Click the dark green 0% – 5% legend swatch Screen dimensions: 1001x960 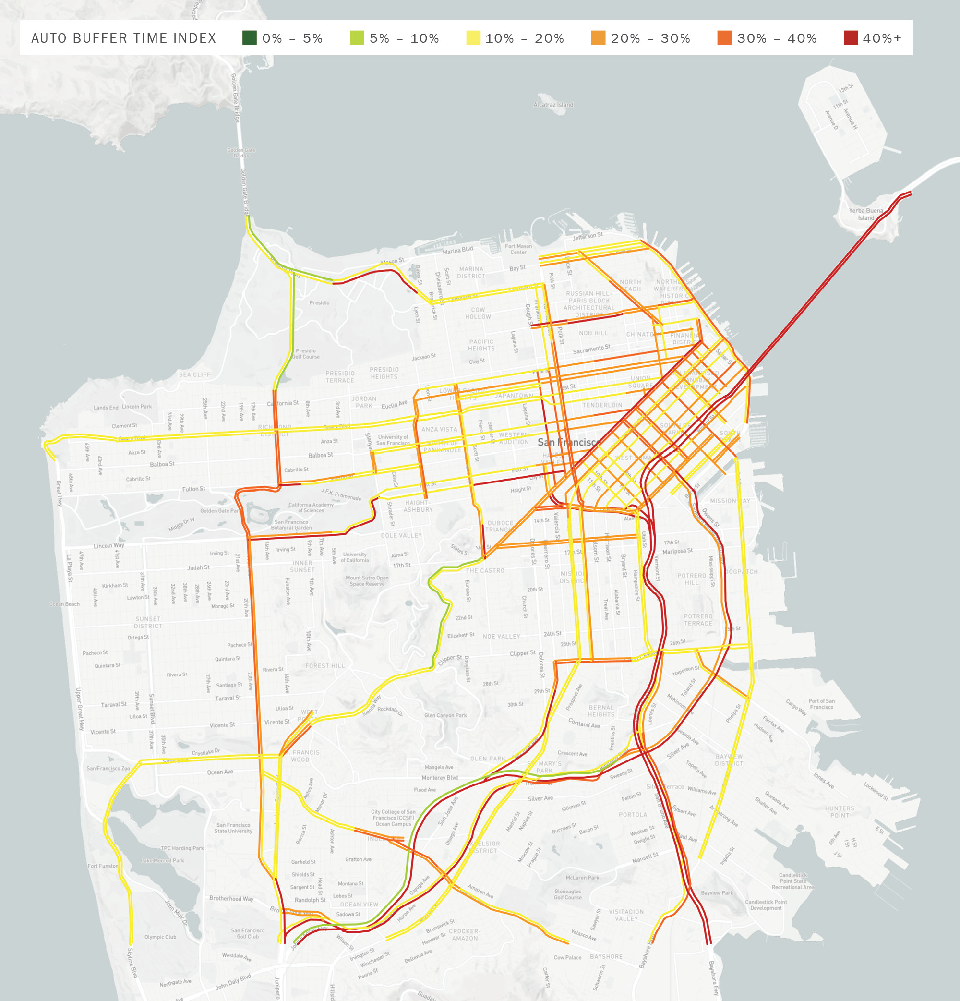249,38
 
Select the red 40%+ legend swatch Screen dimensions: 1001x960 851,38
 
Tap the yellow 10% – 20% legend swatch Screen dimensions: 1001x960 473,38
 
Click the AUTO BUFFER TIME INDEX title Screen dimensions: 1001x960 123,38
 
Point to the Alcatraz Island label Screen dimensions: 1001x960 553,105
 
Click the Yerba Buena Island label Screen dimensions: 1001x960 865,214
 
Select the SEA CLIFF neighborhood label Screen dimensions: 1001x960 194,374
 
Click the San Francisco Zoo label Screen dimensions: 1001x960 108,768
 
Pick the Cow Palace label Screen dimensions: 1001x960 567,958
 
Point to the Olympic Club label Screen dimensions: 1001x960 160,937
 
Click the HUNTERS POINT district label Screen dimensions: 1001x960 839,812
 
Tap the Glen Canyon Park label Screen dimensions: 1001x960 445,715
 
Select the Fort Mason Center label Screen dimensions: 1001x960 518,249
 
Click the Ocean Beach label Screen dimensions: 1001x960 64,604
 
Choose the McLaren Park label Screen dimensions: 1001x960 582,878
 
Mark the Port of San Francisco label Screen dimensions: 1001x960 821,704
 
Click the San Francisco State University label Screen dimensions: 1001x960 233,828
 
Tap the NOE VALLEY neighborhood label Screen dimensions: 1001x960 501,636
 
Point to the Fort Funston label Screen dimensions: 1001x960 103,866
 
